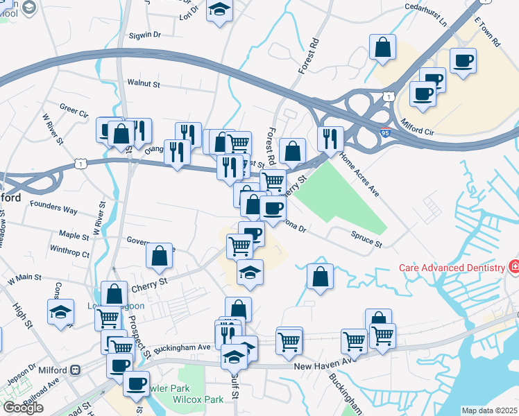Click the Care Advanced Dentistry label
click(452, 268)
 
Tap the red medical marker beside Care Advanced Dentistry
click(513, 267)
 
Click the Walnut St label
click(144, 83)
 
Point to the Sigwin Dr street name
click(144, 33)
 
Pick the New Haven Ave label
click(320, 366)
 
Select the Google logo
click(23, 408)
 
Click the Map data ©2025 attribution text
click(488, 410)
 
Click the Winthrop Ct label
click(70, 254)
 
